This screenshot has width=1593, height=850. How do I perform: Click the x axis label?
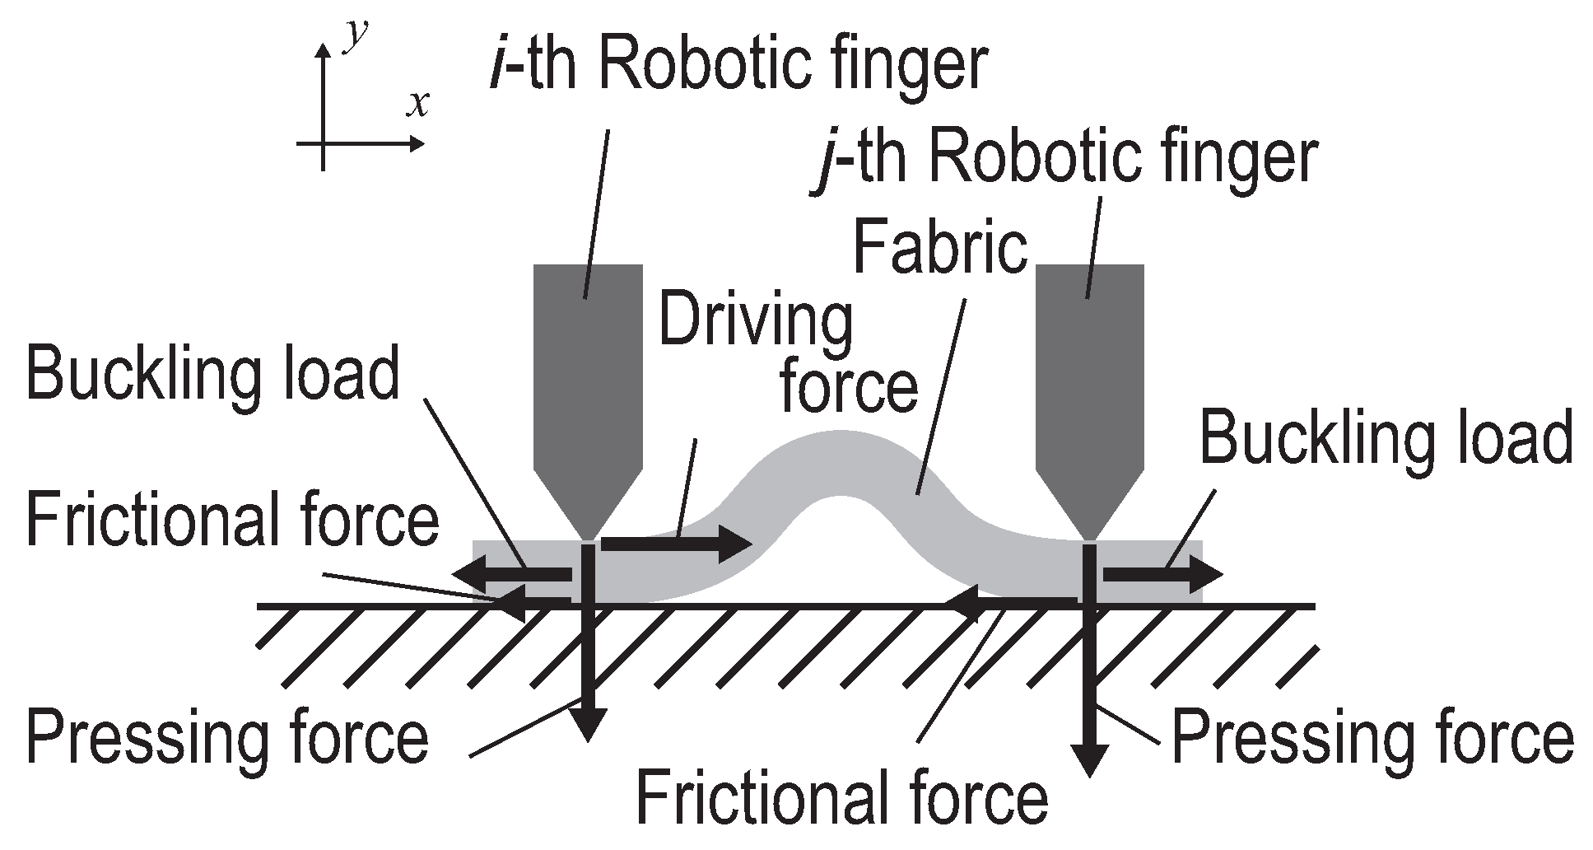point(419,104)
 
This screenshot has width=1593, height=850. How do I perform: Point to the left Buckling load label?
point(212,374)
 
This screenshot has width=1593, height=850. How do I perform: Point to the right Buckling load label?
point(1386,437)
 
